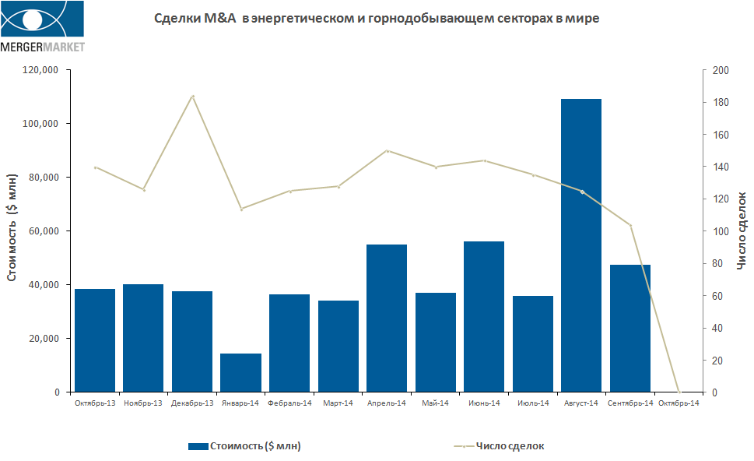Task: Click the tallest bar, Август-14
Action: [581, 245]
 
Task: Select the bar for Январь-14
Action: [240, 372]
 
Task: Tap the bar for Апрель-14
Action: [387, 318]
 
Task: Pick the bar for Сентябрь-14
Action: [630, 328]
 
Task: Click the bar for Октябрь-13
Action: [95, 340]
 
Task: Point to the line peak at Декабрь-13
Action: [193, 97]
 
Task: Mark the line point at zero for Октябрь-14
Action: [679, 391]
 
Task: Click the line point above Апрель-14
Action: [387, 150]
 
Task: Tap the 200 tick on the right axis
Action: [721, 70]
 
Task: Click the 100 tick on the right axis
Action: [721, 231]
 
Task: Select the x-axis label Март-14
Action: [338, 403]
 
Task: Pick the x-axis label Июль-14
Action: [532, 403]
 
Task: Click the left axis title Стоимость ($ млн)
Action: [12, 231]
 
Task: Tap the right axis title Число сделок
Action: [741, 231]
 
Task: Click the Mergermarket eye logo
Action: [43, 20]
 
